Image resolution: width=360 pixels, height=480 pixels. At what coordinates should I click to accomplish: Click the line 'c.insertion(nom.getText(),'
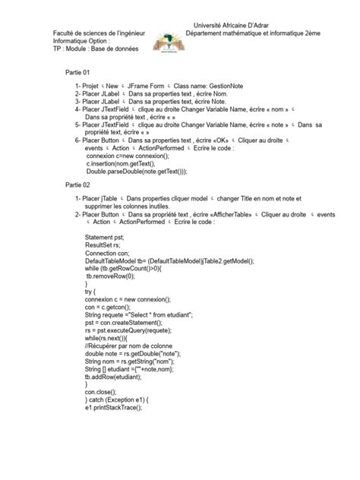(121, 163)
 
